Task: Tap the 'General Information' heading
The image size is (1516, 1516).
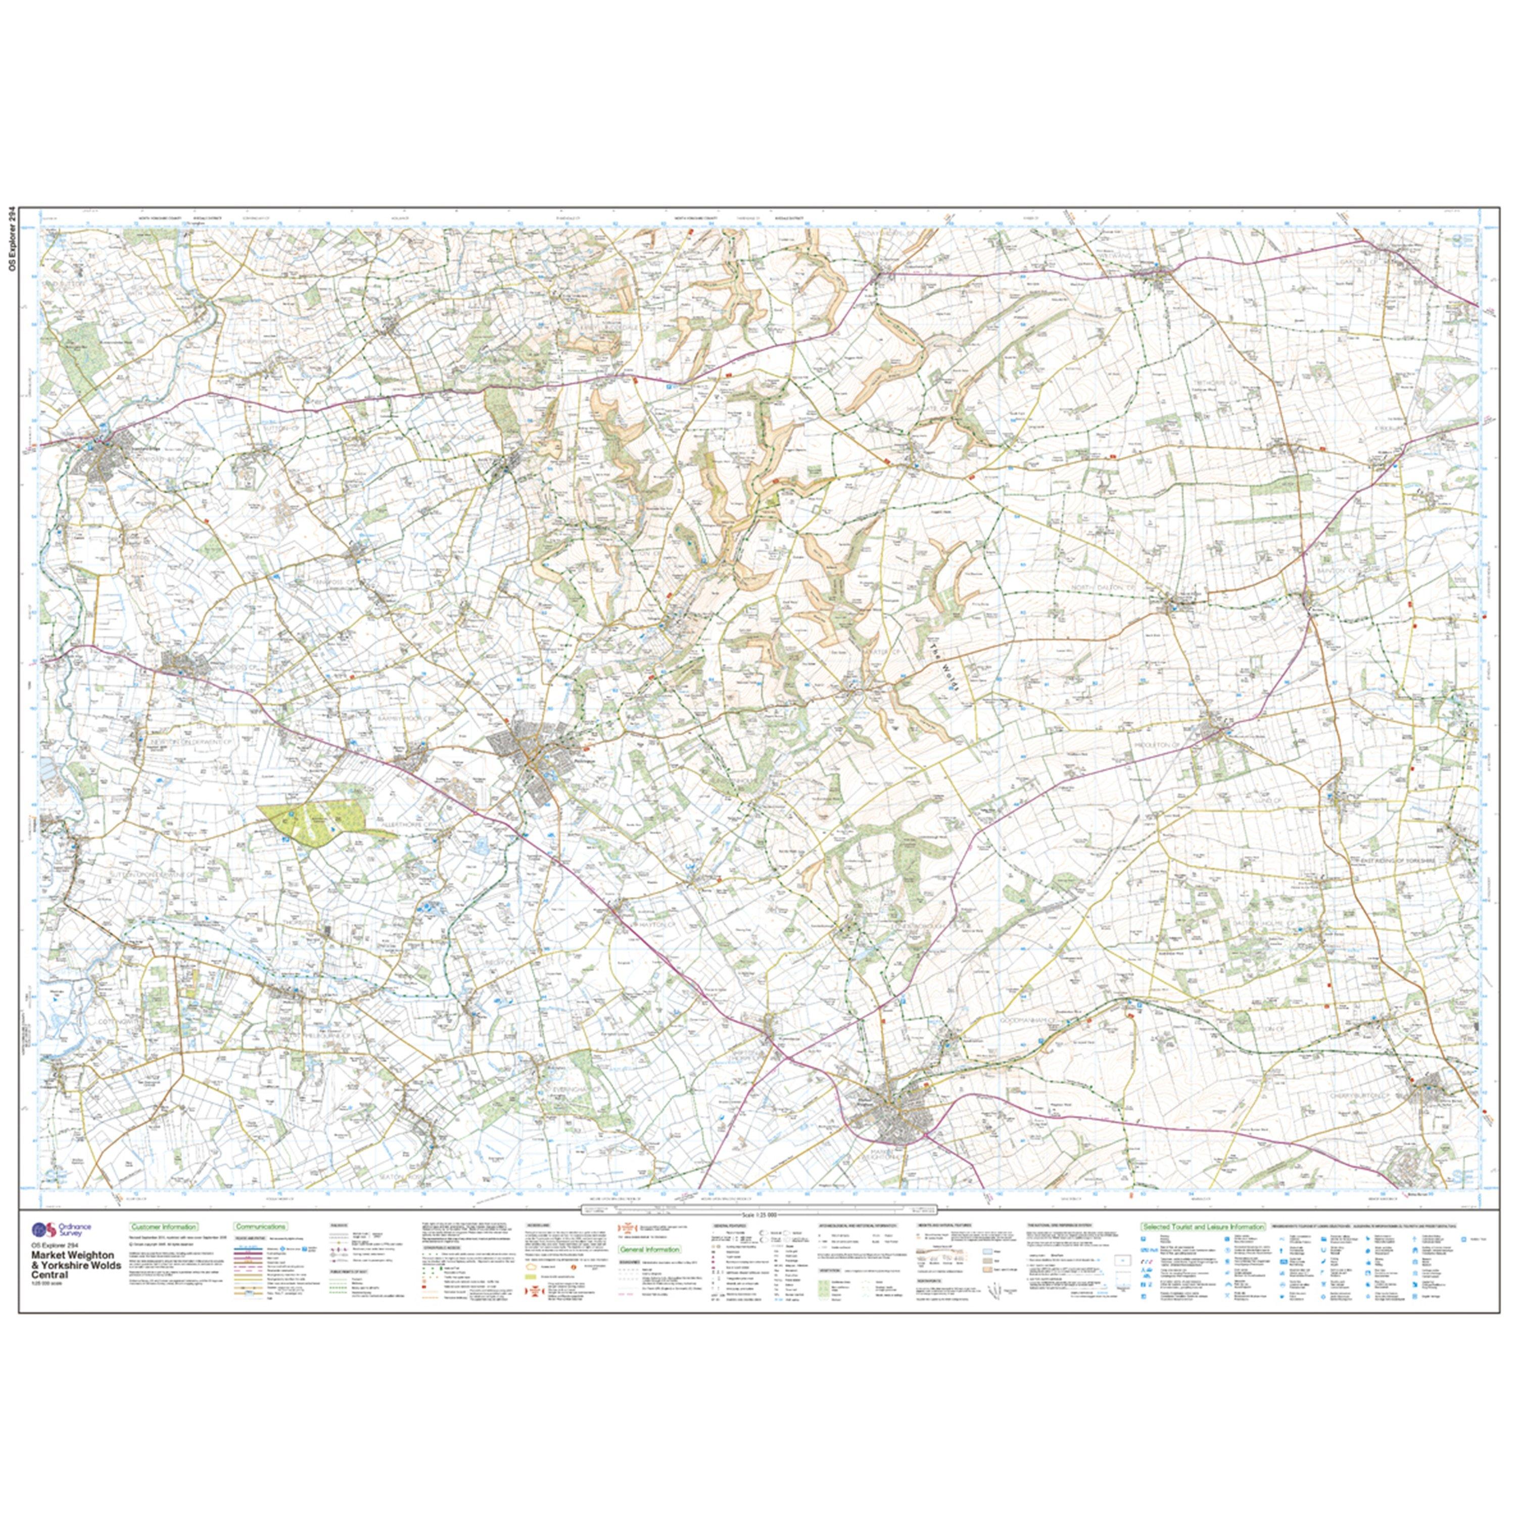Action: (650, 1249)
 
